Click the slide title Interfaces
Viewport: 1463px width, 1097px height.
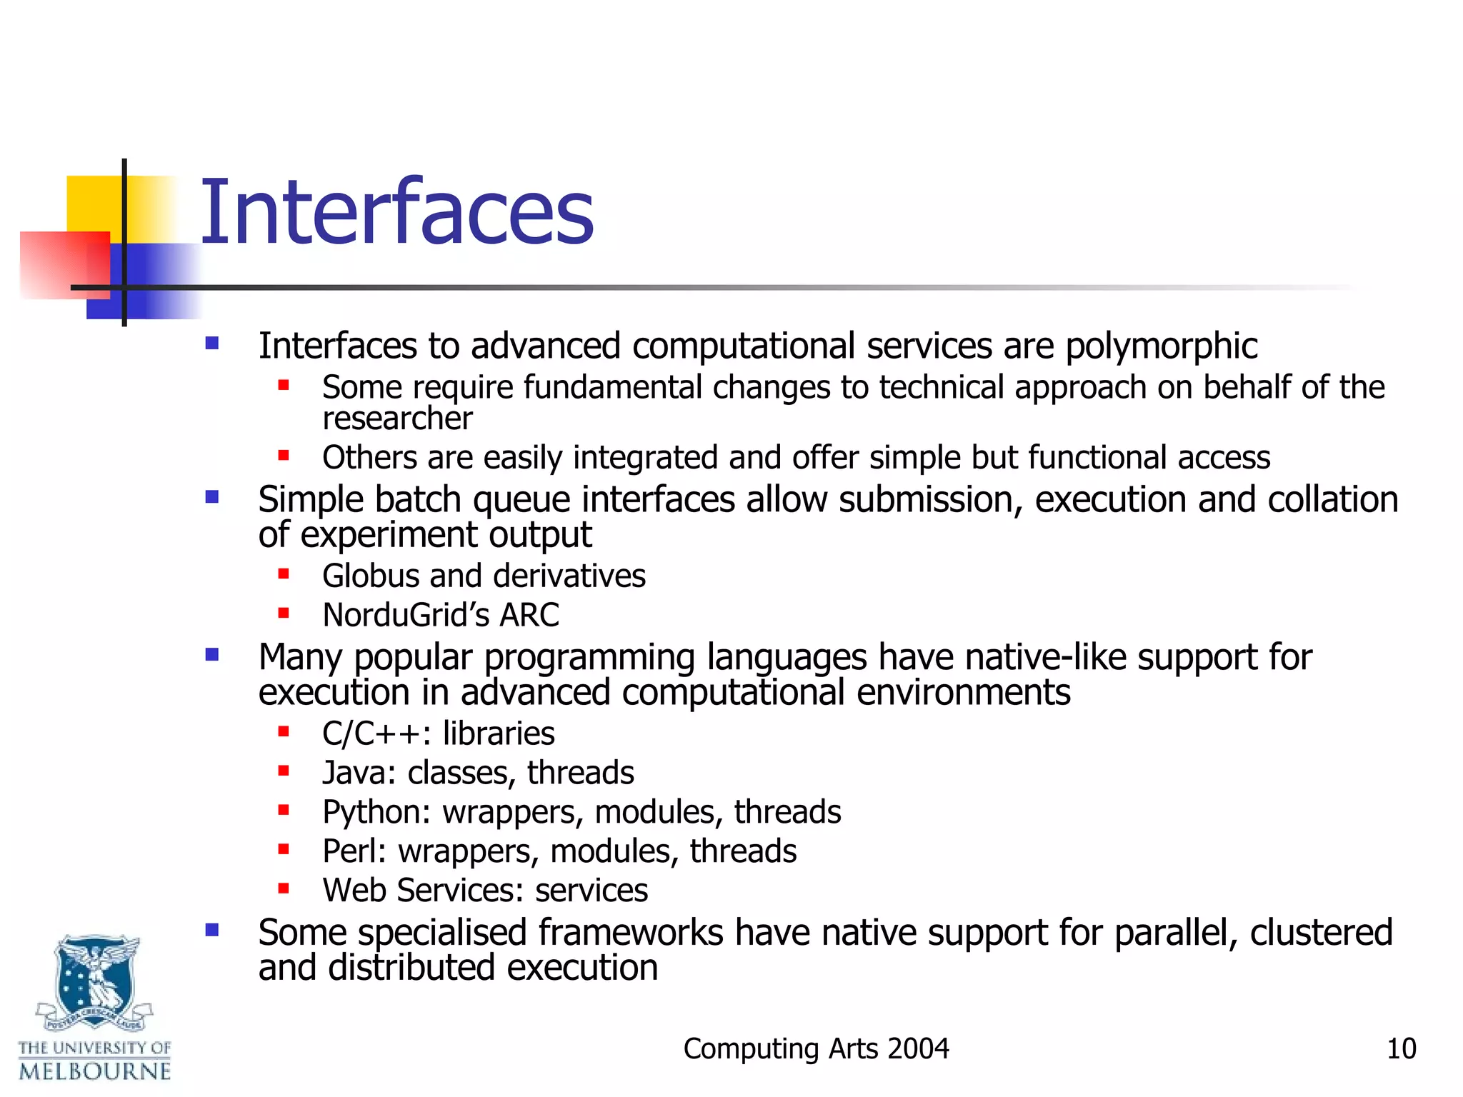click(396, 213)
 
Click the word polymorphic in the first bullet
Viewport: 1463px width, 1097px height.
click(1161, 347)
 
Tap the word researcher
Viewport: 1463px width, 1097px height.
click(397, 419)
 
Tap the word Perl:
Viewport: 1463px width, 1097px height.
click(354, 851)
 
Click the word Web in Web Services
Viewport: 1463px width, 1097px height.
click(354, 891)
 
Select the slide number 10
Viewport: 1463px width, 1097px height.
click(1401, 1049)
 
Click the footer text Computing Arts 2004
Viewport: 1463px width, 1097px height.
click(816, 1049)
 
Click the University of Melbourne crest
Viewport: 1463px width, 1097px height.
click(95, 982)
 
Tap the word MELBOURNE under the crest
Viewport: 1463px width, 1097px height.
click(95, 1071)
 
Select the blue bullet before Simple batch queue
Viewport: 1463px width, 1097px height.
click(211, 496)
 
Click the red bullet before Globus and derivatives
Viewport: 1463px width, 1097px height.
click(284, 573)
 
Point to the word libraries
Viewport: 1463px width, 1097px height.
click(499, 733)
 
